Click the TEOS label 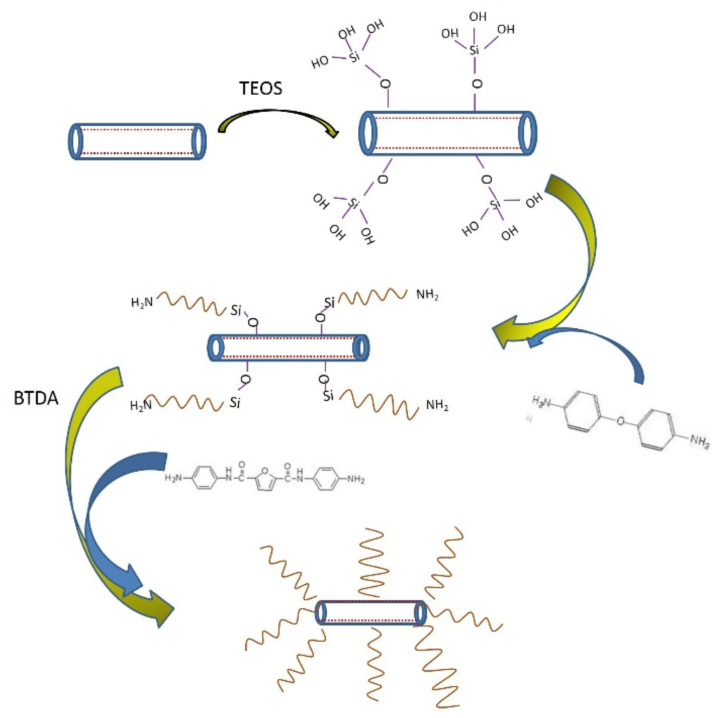click(x=261, y=89)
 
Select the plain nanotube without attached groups click(x=137, y=142)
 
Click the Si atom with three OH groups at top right click(x=474, y=50)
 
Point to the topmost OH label click(x=478, y=17)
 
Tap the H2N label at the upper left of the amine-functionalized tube click(x=142, y=302)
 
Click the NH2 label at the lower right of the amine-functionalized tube click(x=437, y=405)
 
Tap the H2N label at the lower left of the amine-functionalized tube click(x=141, y=405)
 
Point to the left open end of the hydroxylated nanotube click(x=368, y=133)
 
